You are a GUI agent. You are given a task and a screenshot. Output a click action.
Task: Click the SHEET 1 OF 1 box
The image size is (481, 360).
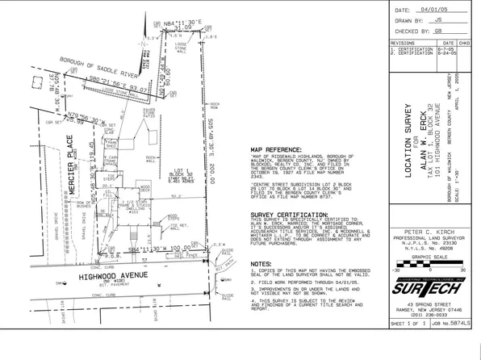[408, 345]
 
